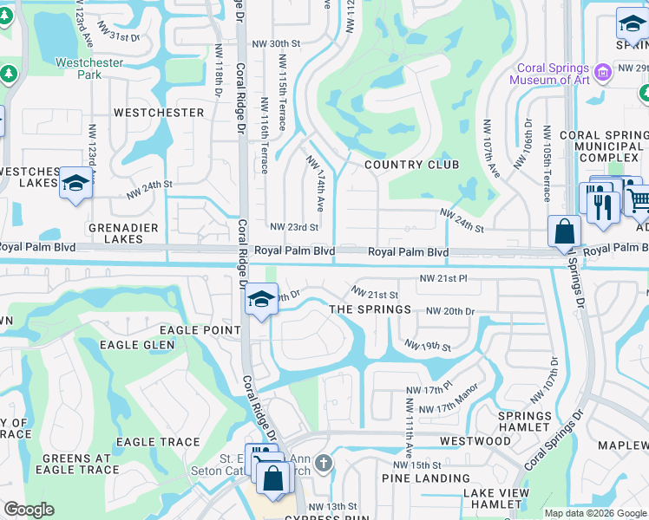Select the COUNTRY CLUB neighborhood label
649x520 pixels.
[405, 165]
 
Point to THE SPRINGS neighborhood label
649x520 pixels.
[370, 309]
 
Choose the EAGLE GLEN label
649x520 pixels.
[137, 345]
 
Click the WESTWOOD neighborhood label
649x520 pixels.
[475, 441]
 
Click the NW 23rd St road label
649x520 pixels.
[294, 227]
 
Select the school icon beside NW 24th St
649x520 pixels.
[75, 183]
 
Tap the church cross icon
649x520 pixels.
[323, 463]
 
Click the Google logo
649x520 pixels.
[28, 510]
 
